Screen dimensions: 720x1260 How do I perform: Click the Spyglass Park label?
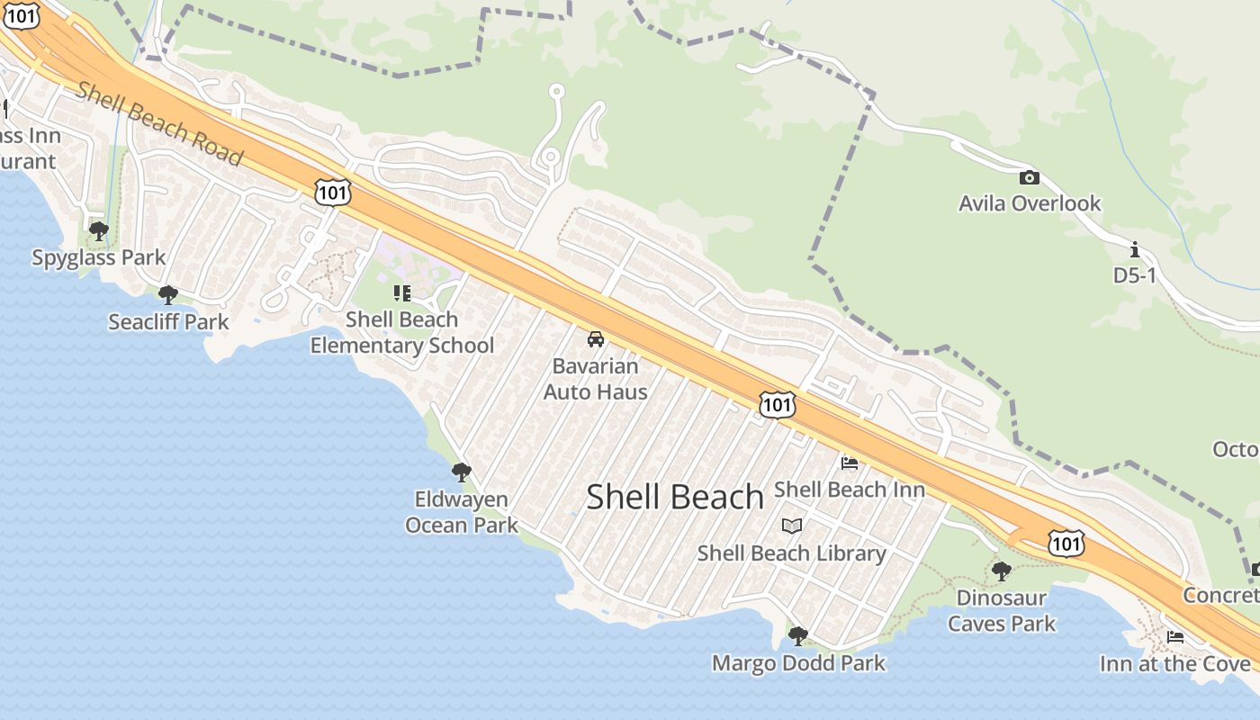[99, 257]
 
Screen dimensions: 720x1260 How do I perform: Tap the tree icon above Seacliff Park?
[167, 294]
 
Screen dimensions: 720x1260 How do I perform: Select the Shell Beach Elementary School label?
[402, 332]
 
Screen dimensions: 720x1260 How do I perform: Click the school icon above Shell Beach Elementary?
[401, 292]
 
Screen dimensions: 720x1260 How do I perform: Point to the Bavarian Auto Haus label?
[595, 379]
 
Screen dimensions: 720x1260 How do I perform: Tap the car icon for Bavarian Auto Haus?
[595, 339]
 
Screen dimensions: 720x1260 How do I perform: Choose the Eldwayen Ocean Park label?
[462, 512]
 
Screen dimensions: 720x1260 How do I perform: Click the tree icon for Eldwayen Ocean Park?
[462, 472]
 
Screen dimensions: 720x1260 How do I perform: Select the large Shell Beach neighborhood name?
[675, 497]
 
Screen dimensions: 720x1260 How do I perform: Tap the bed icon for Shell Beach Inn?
[849, 463]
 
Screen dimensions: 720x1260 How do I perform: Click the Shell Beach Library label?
[792, 553]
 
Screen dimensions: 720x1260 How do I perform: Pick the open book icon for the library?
[792, 526]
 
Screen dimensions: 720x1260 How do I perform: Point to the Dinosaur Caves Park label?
[1002, 610]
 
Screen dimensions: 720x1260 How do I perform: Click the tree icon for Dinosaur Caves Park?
[1001, 571]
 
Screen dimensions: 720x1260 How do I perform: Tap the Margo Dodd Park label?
[798, 663]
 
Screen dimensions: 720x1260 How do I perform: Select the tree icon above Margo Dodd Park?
[797, 636]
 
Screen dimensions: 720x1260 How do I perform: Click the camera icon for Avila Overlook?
[1029, 177]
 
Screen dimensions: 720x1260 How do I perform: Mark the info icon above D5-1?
[1134, 249]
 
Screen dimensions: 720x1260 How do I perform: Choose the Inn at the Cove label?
[1174, 664]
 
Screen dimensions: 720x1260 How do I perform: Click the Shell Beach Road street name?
[159, 123]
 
